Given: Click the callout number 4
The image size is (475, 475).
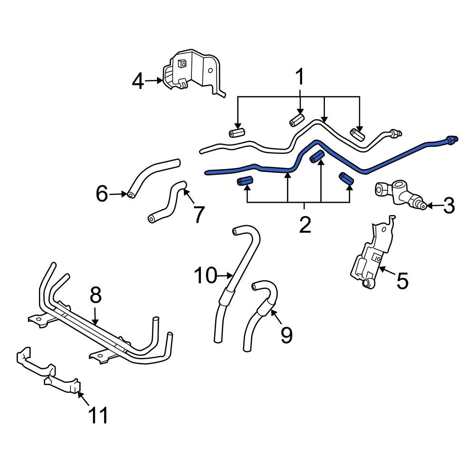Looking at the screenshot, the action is [x=138, y=81].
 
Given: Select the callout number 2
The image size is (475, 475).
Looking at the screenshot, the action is [x=305, y=225].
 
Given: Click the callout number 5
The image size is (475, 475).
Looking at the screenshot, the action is [x=403, y=281].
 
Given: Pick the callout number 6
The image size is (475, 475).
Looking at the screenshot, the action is [x=102, y=194].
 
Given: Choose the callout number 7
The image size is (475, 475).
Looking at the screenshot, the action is [x=198, y=214].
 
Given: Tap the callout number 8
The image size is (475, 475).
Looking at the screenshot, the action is [x=95, y=295].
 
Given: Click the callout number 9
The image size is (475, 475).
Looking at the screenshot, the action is [x=286, y=335].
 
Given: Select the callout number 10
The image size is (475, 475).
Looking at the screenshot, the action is [x=206, y=275].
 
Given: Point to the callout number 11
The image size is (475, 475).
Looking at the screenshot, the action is [x=98, y=415].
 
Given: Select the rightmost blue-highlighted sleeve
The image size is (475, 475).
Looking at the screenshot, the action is [x=347, y=178].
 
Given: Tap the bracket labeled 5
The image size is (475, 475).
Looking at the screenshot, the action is [x=372, y=252].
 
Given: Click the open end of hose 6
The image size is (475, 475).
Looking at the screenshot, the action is [x=131, y=195].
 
